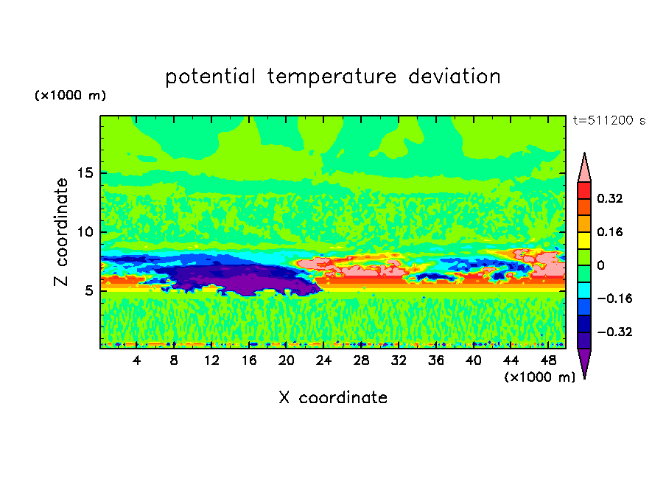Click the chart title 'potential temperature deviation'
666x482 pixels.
pyautogui.click(x=333, y=77)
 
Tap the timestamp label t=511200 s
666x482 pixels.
pyautogui.click(x=609, y=121)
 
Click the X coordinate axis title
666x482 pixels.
pyautogui.click(x=333, y=398)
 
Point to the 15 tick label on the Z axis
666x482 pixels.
pyautogui.click(x=83, y=173)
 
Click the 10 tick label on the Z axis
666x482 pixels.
pyautogui.click(x=83, y=232)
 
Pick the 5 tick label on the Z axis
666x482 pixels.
pyautogui.click(x=86, y=291)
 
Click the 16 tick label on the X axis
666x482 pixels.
pyautogui.click(x=249, y=360)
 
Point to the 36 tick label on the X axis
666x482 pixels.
pyautogui.click(x=436, y=360)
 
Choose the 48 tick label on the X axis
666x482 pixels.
pyautogui.click(x=548, y=360)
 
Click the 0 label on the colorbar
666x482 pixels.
pyautogui.click(x=600, y=265)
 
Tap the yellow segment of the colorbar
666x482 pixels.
pyautogui.click(x=584, y=240)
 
